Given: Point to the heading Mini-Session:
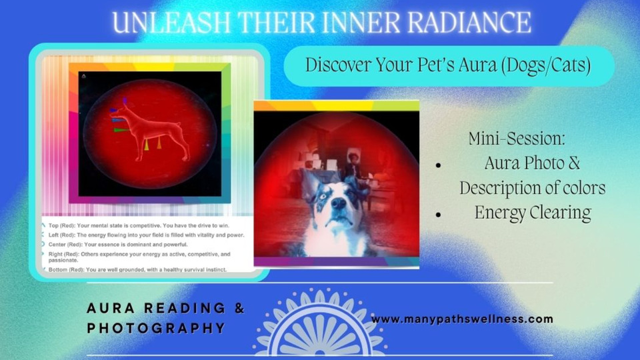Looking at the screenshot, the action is (517, 139).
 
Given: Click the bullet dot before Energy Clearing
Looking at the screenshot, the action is (439, 214).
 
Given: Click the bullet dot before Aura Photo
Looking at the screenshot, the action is (439, 165).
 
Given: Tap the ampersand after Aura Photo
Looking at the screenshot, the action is (573, 163).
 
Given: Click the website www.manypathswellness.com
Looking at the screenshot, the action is (462, 319).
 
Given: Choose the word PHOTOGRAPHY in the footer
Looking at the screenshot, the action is (156, 328).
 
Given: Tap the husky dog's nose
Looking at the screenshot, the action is (339, 203).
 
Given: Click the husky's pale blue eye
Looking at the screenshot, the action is (324, 196).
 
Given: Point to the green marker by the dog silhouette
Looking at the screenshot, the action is (121, 130).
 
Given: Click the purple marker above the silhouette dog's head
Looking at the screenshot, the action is (125, 100).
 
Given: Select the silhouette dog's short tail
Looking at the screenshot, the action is (178, 124).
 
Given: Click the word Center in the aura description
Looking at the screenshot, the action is (57, 245).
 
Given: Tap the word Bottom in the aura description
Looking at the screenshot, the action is (57, 270).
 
